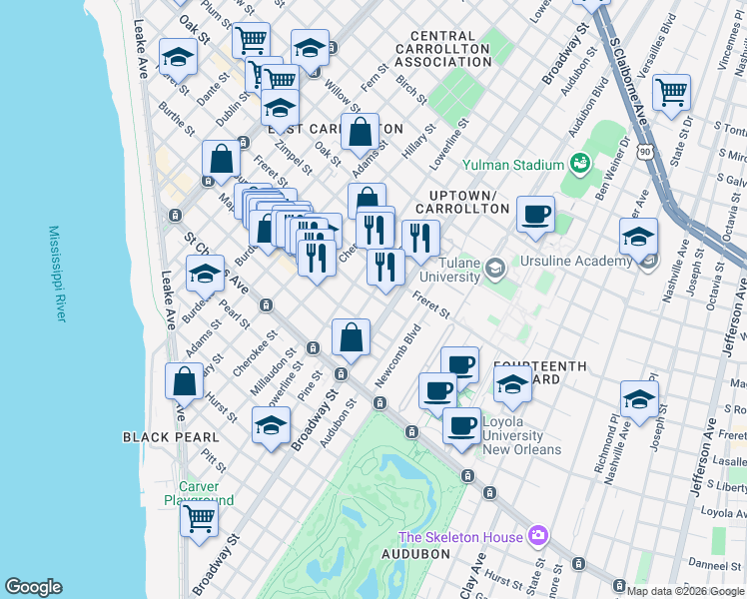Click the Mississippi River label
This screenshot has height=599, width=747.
click(x=56, y=274)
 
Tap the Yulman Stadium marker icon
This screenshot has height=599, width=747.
click(x=579, y=162)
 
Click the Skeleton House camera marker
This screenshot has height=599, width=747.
click(x=539, y=537)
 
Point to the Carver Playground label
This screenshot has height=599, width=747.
click(x=200, y=493)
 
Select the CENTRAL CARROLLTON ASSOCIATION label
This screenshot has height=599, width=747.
click(x=442, y=48)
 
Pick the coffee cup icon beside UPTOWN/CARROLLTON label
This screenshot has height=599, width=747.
click(x=536, y=213)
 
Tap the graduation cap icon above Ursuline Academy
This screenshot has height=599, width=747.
click(x=638, y=237)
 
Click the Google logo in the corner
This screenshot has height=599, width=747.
click(x=34, y=587)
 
